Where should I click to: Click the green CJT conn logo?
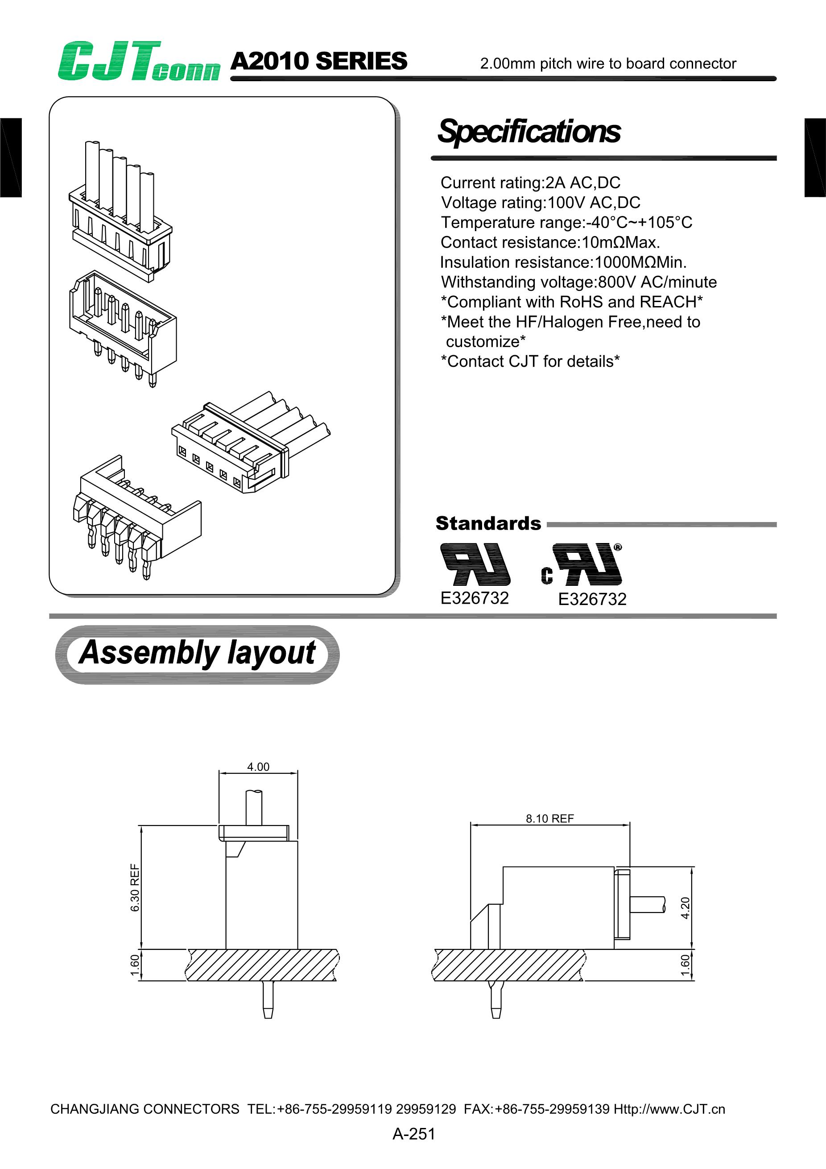(x=138, y=61)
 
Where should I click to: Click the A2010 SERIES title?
(x=318, y=61)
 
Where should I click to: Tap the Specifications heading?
(x=529, y=131)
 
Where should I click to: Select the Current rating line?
(x=530, y=182)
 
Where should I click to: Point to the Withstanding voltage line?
(x=578, y=282)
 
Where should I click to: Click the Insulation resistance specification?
(x=563, y=262)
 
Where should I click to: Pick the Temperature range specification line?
(x=566, y=223)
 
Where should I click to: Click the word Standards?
(x=488, y=523)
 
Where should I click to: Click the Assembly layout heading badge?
(x=197, y=654)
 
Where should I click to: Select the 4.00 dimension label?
(x=258, y=767)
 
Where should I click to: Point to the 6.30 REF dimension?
(x=135, y=887)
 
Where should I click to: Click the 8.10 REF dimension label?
(x=549, y=818)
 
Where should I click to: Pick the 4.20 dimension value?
(x=685, y=908)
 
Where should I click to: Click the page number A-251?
(x=413, y=1134)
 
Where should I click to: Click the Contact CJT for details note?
(x=530, y=361)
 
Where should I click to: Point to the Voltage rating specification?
(x=541, y=203)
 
